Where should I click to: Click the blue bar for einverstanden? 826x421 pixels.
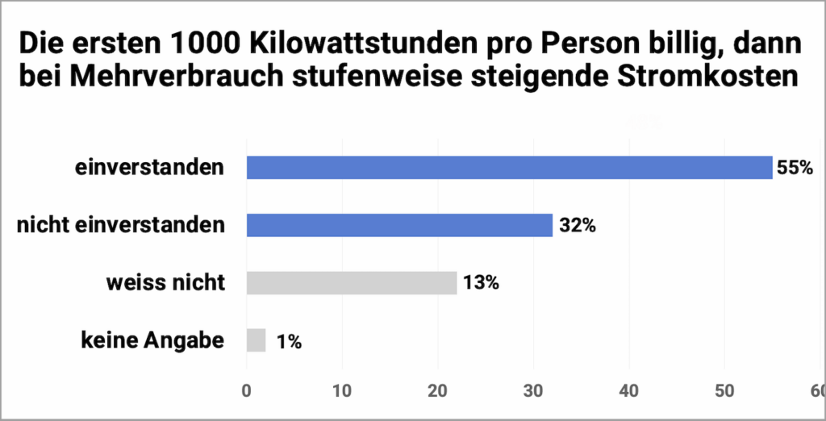509,168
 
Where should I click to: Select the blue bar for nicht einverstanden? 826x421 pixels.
399,225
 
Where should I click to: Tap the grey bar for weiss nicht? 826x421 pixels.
352,283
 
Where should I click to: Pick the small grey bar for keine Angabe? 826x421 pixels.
256,340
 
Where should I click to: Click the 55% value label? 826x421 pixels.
795,169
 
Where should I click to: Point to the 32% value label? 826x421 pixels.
577,226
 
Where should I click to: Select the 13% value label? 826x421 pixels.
481,284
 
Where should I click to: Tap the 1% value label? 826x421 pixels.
289,342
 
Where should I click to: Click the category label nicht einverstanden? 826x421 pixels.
121,225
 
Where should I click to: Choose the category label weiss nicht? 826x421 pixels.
165,283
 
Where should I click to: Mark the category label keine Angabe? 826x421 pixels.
152,340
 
